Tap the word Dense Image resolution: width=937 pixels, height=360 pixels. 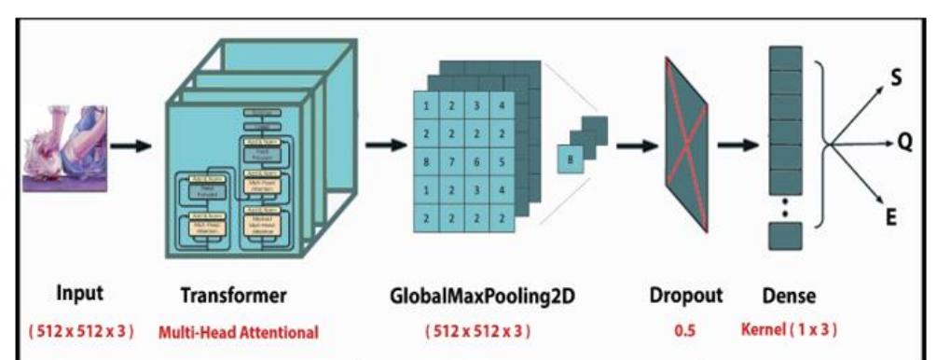pyautogui.click(x=789, y=296)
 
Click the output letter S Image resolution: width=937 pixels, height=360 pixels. pyautogui.click(x=896, y=79)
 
